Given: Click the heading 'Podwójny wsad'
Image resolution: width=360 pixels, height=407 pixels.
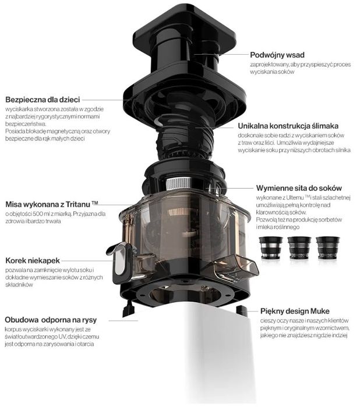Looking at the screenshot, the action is (x=277, y=55).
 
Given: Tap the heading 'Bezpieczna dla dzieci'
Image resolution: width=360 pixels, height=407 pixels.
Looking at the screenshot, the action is (x=43, y=100).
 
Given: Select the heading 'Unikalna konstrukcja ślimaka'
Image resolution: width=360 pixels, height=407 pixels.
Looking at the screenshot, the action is (x=288, y=126).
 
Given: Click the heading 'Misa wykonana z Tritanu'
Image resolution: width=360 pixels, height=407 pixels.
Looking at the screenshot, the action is (x=52, y=204).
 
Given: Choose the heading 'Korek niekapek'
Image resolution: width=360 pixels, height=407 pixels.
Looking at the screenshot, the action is (x=33, y=260).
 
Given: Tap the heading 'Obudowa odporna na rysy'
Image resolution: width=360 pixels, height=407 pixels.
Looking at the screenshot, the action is (x=51, y=320).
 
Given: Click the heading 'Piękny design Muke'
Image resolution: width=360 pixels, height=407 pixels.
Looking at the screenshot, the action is (x=295, y=311).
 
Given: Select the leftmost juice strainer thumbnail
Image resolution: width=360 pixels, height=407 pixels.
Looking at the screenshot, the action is (x=271, y=248).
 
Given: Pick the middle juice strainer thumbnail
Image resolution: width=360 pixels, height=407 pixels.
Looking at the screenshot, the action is (x=299, y=248).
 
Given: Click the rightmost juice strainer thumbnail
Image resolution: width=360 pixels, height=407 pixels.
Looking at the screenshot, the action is (x=328, y=248).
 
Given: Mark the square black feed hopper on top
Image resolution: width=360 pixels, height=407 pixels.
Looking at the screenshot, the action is (x=185, y=31).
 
